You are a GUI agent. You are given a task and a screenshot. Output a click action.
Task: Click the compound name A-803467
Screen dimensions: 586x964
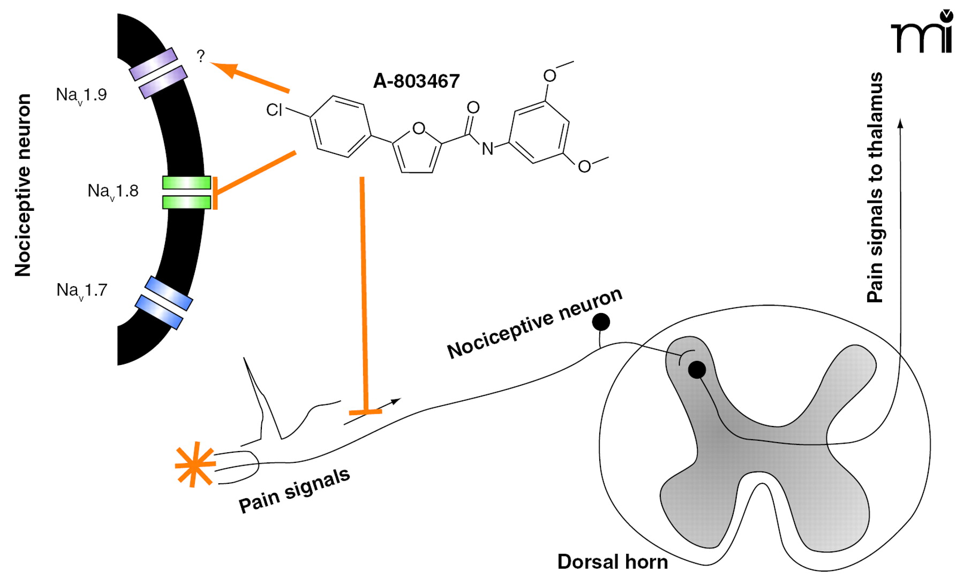(x=416, y=81)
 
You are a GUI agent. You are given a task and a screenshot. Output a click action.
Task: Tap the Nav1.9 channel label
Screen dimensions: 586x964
(x=81, y=95)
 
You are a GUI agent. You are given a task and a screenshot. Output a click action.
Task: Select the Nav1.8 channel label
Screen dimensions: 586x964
(x=113, y=191)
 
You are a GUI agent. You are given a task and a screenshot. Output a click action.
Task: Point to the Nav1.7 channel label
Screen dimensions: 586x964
(x=82, y=290)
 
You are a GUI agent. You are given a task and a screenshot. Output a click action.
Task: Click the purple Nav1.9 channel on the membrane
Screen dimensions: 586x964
(x=159, y=73)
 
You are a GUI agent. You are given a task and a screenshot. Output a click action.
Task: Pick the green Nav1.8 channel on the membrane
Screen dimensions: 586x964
(x=186, y=192)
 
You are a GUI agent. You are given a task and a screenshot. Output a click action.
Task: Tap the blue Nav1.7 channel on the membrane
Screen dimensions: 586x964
(x=163, y=302)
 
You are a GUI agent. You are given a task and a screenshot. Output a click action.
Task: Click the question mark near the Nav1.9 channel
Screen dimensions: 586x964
(x=201, y=56)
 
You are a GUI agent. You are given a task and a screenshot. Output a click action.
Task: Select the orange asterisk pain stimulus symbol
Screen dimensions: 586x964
(x=195, y=464)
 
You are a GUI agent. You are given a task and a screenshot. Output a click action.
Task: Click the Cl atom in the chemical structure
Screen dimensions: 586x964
(x=274, y=110)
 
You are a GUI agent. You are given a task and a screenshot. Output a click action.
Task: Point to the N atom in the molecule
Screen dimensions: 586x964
(x=487, y=149)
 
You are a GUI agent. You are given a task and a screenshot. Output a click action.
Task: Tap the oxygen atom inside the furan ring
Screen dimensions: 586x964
(x=419, y=128)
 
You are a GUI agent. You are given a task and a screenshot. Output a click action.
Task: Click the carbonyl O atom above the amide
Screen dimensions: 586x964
(x=473, y=108)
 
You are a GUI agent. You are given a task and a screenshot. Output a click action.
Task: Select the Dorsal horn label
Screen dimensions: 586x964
(x=612, y=562)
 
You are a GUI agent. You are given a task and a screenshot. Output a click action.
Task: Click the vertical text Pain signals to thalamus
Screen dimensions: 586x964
(x=875, y=187)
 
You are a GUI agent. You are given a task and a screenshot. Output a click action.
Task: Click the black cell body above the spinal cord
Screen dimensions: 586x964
(x=601, y=322)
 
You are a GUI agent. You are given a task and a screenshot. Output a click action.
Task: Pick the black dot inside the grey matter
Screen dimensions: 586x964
(x=697, y=370)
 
